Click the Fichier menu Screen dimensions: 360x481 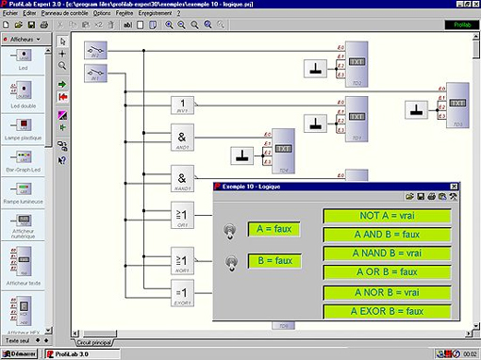[x=10, y=14]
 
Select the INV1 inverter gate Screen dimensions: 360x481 [x=184, y=105]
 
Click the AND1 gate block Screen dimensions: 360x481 [x=184, y=139]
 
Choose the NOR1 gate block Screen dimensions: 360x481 [x=184, y=257]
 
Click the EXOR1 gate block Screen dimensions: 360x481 [x=184, y=293]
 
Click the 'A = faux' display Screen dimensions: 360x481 [x=274, y=229]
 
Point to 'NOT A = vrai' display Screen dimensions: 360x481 [x=387, y=216]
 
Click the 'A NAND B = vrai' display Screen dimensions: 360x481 [x=387, y=254]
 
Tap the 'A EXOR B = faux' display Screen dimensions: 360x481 [x=387, y=311]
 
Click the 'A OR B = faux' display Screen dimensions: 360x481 [x=387, y=272]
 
